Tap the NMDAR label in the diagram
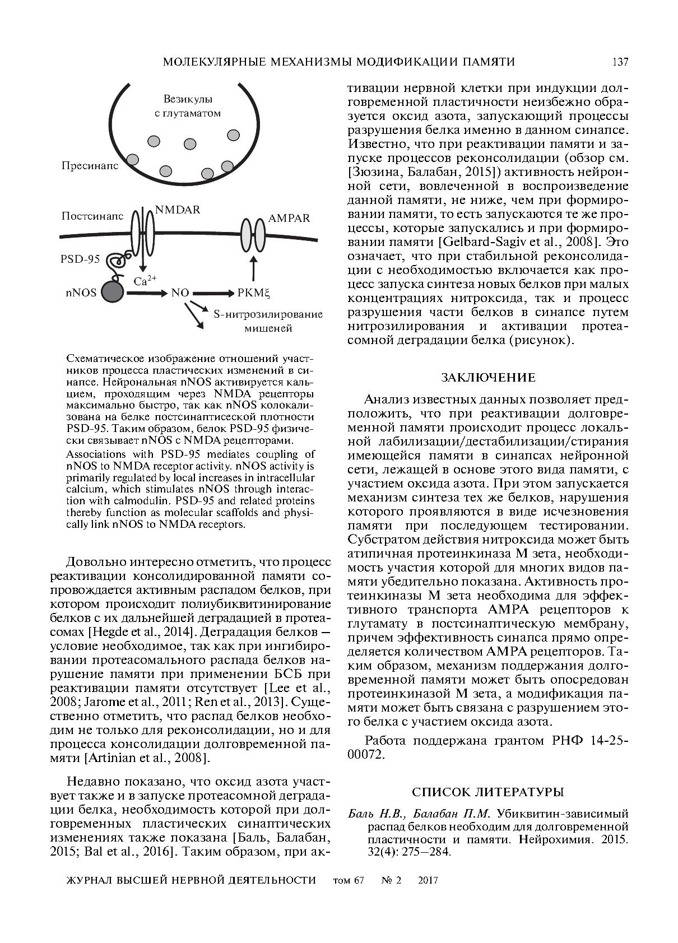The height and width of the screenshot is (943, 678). (177, 210)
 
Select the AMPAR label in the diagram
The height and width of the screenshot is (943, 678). (289, 219)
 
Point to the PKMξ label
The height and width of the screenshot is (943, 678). (254, 292)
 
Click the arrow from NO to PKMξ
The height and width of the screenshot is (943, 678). (213, 292)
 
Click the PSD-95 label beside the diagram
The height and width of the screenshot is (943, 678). (80, 259)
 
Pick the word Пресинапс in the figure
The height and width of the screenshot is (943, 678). (90, 166)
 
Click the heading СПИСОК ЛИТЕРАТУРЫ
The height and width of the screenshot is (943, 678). (487, 792)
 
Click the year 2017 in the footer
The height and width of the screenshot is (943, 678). (428, 880)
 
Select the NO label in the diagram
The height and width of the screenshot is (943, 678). (180, 292)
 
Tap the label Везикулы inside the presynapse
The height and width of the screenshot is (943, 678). (188, 99)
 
